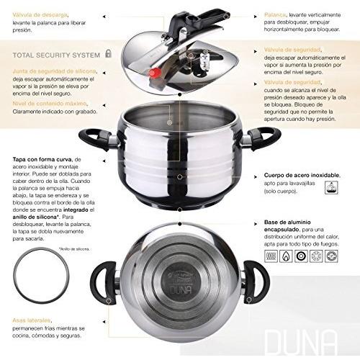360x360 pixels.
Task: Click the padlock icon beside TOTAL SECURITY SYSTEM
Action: pos(108,53)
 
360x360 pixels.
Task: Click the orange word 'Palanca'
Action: pos(274,13)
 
